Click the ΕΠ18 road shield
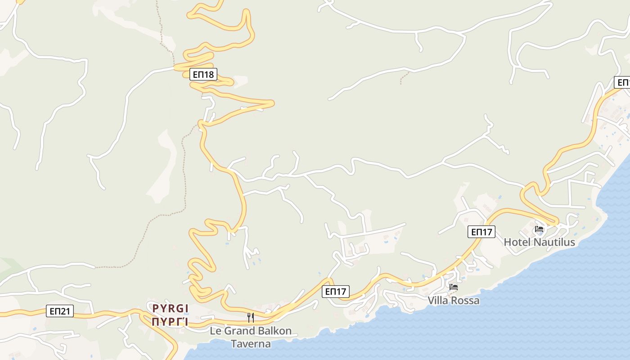[x=203, y=74]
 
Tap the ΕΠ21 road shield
[x=59, y=311]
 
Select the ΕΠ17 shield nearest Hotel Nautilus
[x=481, y=232]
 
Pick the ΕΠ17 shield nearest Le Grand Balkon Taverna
[x=336, y=292]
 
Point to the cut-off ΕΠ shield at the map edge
[x=622, y=82]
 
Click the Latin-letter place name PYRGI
[x=170, y=308]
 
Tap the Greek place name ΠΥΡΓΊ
[x=170, y=321]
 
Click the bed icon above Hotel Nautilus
[x=539, y=229]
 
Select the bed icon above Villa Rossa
[x=454, y=287]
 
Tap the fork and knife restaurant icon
[x=251, y=318]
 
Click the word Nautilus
[x=554, y=242]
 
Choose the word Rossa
[x=465, y=300]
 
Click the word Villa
[x=438, y=300]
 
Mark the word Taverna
[x=251, y=344]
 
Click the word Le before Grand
[x=216, y=331]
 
